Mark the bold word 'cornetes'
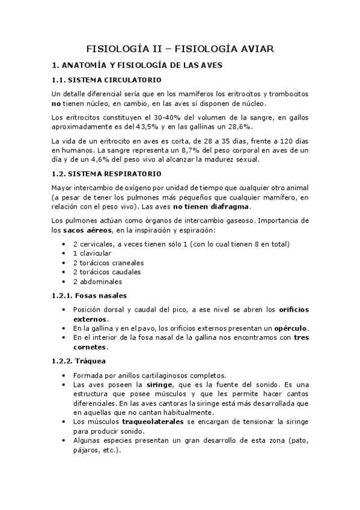click(90, 347)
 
